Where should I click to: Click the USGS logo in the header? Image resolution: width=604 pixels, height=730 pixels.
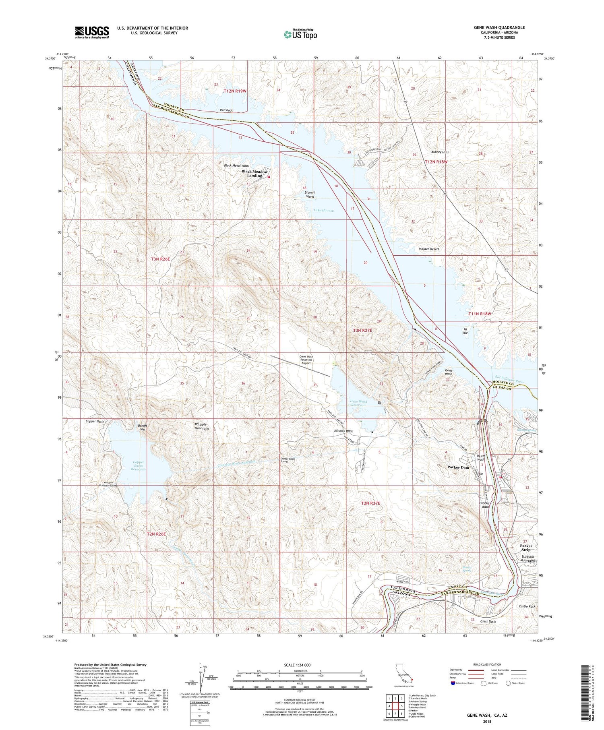point(92,32)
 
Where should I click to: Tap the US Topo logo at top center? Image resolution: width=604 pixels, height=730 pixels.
point(300,34)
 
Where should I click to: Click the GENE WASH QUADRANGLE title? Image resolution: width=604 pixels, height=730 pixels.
point(494,28)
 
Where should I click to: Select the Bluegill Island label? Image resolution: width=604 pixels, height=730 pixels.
point(309,194)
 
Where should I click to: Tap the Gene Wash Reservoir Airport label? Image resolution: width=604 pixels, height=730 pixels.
point(306,360)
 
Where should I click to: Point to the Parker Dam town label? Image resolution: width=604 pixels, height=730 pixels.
point(458,467)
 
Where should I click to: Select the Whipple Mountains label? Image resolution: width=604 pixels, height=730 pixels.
point(203,426)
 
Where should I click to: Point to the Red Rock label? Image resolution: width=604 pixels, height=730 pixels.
point(226,110)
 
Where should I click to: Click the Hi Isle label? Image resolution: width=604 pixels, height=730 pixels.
point(465,331)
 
